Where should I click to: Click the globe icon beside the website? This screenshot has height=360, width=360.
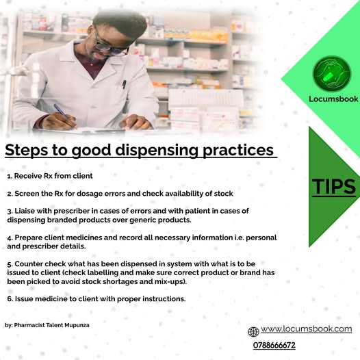pos(253,332)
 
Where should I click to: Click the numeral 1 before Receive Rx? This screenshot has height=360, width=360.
pos(8,176)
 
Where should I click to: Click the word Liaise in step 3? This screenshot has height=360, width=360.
pos(27,211)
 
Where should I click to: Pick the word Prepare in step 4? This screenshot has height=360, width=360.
pos(32,237)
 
